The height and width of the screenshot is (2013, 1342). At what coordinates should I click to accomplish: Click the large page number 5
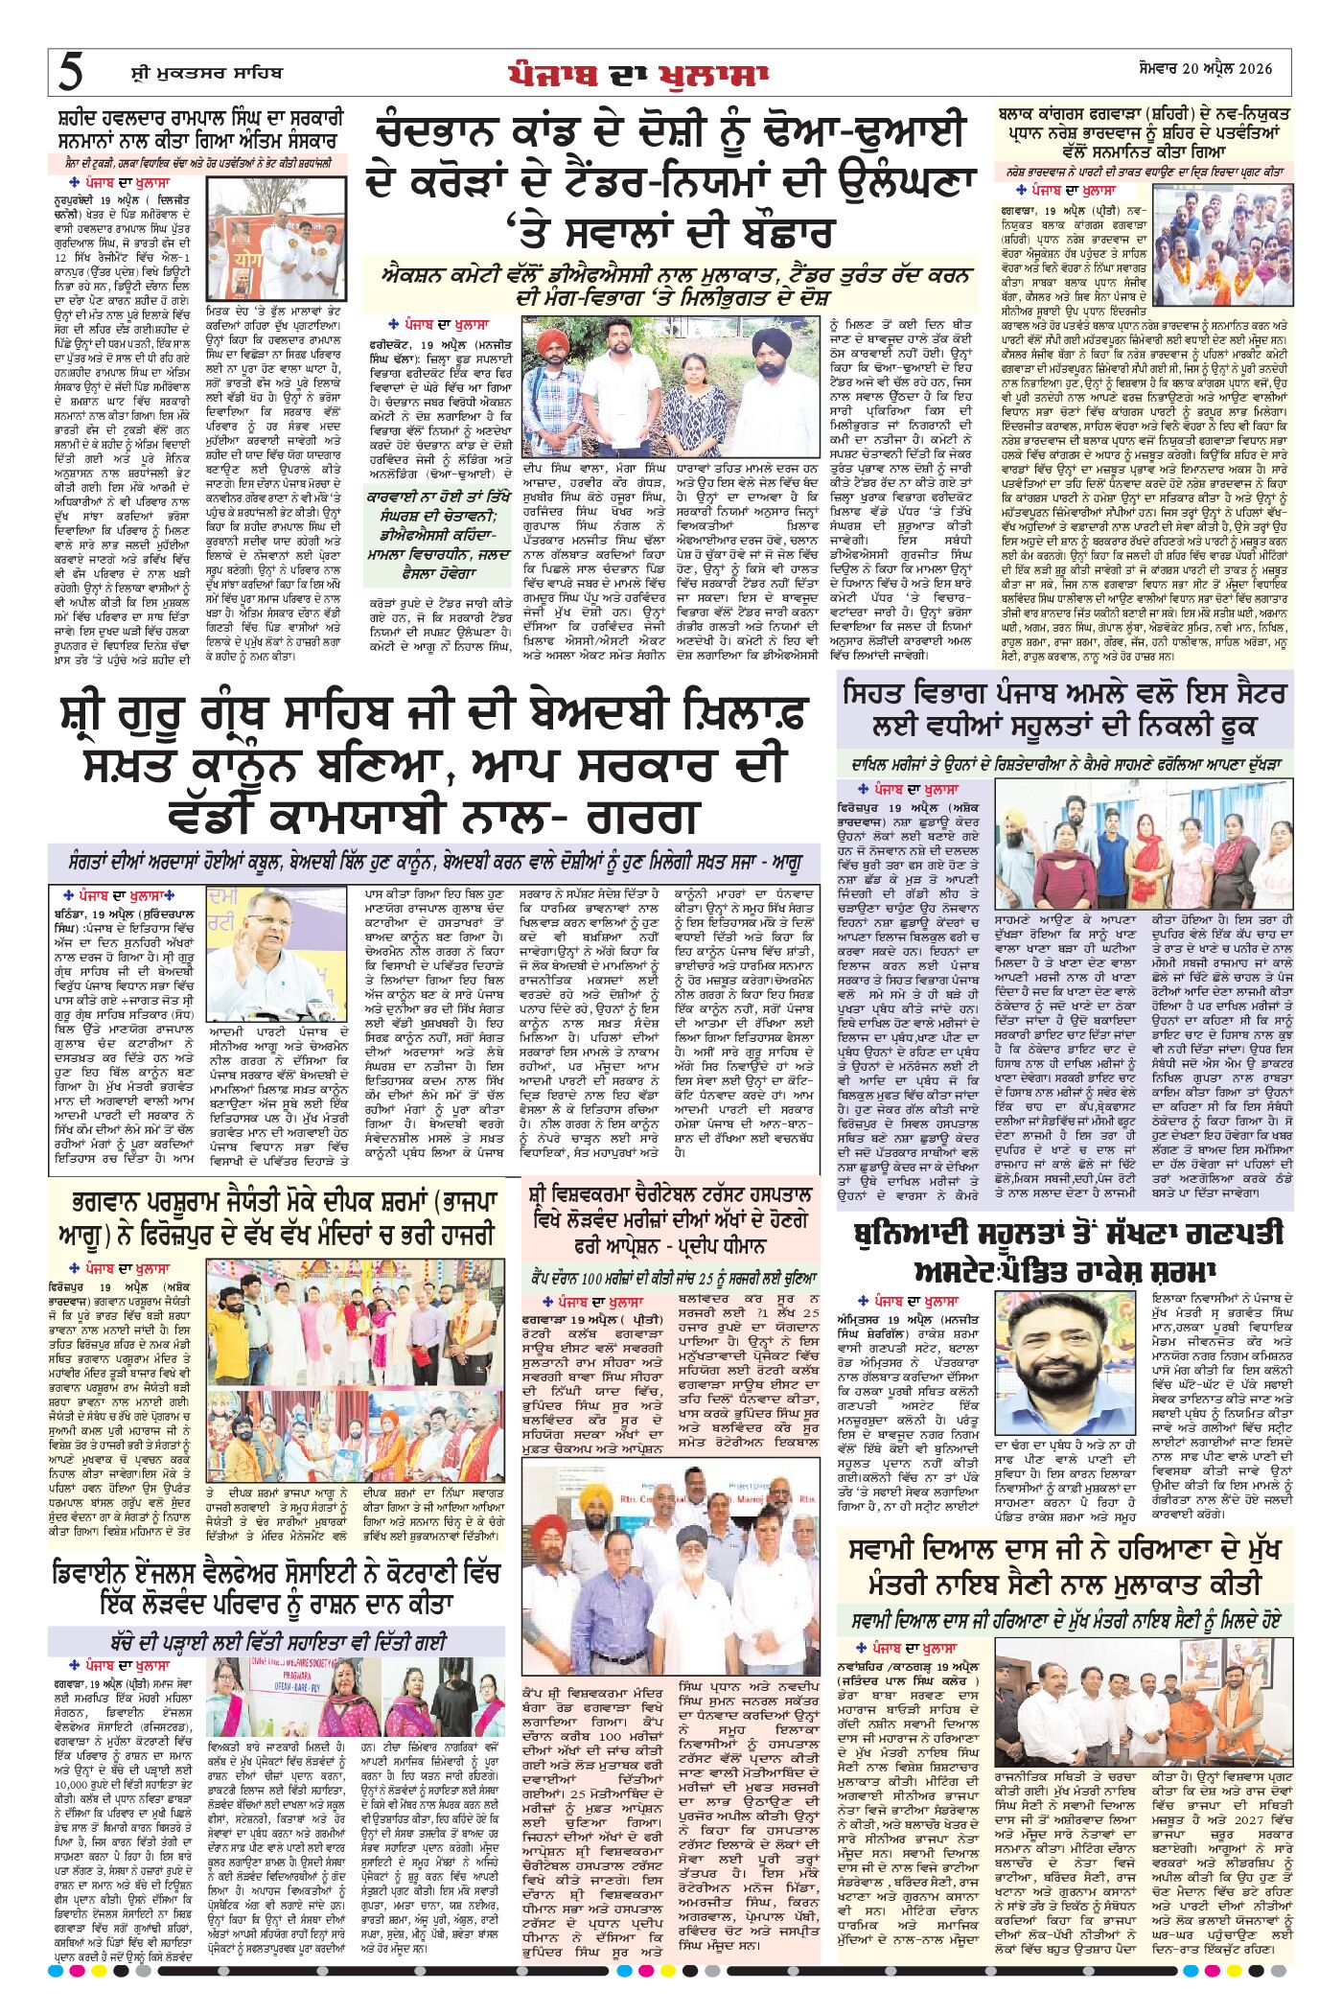(x=71, y=73)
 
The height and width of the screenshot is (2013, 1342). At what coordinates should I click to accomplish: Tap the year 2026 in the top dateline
(x=1250, y=69)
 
